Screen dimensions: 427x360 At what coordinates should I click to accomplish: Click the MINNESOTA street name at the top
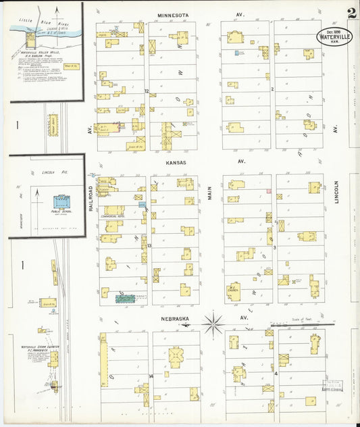click(x=173, y=14)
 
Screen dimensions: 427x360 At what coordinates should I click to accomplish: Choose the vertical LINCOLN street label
click(x=336, y=193)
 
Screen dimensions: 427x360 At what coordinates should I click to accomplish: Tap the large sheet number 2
click(x=352, y=13)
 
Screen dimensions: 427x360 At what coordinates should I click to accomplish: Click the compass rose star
click(x=213, y=324)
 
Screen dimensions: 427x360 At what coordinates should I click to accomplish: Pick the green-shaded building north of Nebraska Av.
click(x=125, y=297)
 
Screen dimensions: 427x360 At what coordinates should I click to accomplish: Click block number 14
click(x=151, y=376)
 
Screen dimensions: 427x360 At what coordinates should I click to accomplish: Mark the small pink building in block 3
click(x=268, y=192)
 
